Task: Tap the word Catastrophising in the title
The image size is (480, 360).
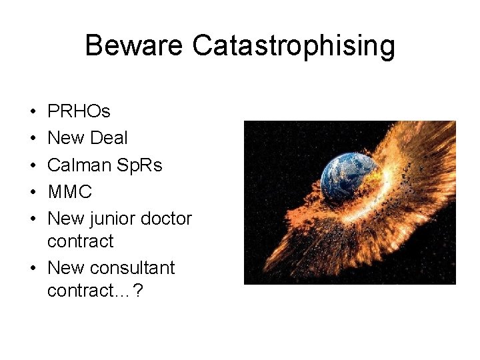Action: [x=293, y=47]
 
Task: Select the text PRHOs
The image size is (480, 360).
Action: [x=79, y=111]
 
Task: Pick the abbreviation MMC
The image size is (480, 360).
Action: [x=69, y=192]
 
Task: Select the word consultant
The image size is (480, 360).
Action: [x=132, y=268]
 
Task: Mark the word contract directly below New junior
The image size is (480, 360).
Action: [x=81, y=241]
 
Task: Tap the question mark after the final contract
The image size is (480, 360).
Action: [x=137, y=291]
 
